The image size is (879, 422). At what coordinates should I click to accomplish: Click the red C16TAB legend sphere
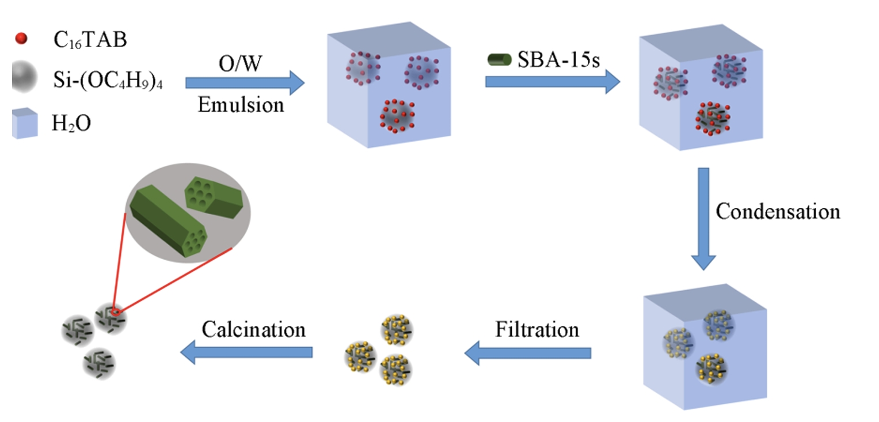pyautogui.click(x=21, y=39)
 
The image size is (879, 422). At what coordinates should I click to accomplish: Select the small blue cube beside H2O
pyautogui.click(x=25, y=123)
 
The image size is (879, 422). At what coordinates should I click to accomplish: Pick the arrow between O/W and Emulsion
pyautogui.click(x=244, y=83)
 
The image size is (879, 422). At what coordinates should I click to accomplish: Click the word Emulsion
pyautogui.click(x=241, y=105)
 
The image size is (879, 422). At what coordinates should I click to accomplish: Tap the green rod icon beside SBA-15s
pyautogui.click(x=499, y=59)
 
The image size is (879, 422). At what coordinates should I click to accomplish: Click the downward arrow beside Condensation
pyautogui.click(x=703, y=218)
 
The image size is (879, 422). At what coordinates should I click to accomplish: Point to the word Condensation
pyautogui.click(x=778, y=211)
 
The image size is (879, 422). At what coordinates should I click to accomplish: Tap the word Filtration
pyautogui.click(x=536, y=330)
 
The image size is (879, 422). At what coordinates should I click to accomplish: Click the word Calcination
pyautogui.click(x=253, y=330)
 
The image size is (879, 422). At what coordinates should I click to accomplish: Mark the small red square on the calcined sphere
pyautogui.click(x=116, y=312)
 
